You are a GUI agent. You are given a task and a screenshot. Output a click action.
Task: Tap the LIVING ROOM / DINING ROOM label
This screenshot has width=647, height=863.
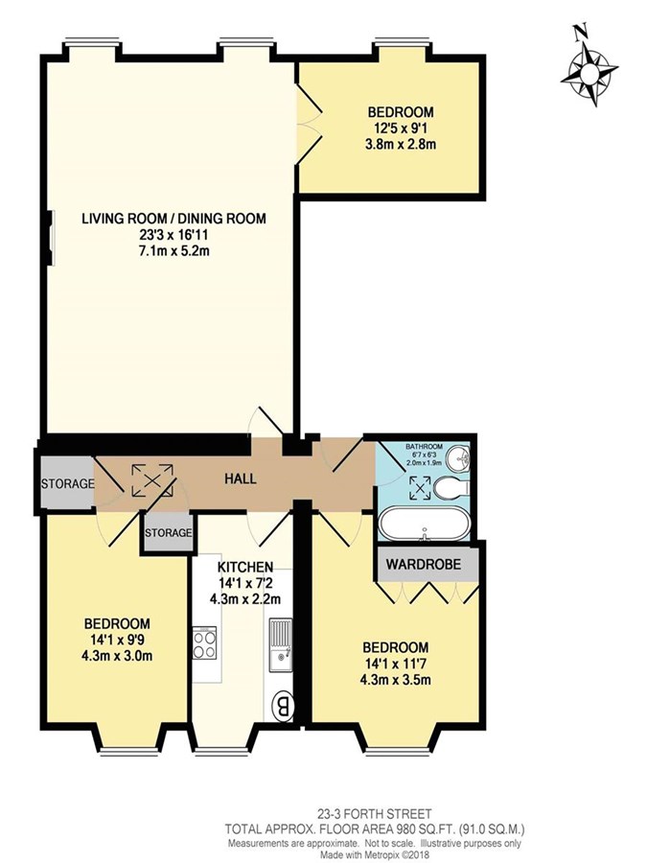click(x=173, y=219)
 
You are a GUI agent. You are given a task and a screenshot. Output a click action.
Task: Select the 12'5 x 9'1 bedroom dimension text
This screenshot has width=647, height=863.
click(x=401, y=128)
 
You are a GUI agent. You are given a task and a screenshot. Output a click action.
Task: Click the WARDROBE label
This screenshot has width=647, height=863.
click(x=423, y=564)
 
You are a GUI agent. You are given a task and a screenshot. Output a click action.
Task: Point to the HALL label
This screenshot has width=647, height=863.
click(x=241, y=478)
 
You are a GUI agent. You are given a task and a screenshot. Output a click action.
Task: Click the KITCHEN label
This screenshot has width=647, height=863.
click(x=244, y=567)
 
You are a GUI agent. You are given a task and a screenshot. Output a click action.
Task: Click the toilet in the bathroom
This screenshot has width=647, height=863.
click(x=451, y=488)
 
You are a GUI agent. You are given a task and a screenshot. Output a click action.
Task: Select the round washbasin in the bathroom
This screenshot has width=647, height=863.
click(x=458, y=458)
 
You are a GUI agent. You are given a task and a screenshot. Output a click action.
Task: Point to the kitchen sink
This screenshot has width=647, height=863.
click(x=281, y=646)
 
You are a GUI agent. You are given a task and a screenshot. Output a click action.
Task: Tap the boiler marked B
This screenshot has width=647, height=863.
click(x=284, y=706)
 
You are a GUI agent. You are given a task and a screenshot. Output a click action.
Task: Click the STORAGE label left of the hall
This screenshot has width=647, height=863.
click(x=67, y=484)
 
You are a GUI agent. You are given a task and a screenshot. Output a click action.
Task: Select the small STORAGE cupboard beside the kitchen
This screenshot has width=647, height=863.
click(x=169, y=532)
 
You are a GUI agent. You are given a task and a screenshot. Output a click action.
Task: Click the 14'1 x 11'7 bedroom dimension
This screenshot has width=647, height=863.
click(x=395, y=664)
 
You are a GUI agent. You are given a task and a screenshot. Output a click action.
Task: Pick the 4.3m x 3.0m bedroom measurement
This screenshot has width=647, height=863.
click(x=117, y=656)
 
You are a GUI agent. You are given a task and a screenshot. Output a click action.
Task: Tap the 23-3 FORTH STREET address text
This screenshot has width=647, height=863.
click(x=374, y=813)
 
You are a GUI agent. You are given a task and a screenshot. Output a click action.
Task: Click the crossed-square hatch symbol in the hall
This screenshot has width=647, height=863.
click(x=152, y=480)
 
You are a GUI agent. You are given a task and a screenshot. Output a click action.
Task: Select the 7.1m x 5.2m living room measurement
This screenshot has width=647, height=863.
click(x=173, y=251)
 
